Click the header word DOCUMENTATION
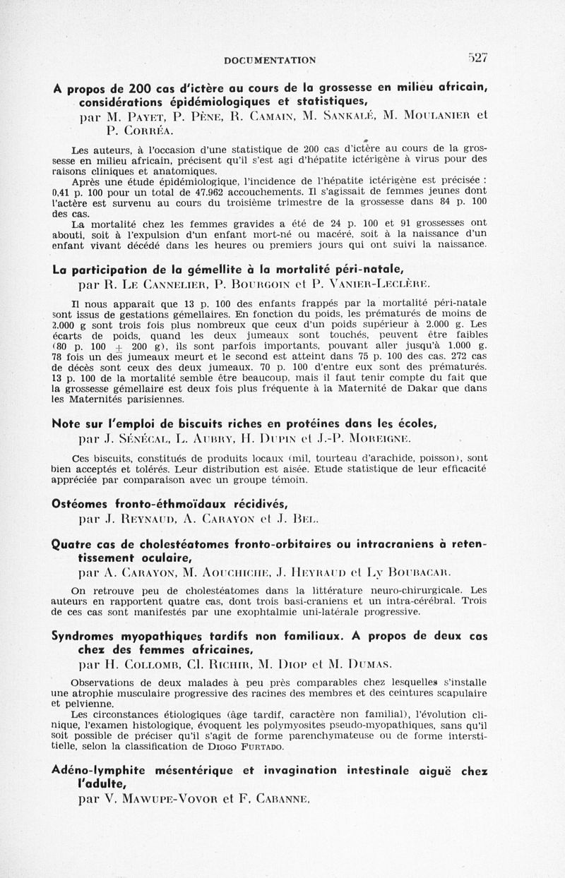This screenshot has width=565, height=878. point(270,61)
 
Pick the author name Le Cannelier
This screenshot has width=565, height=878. point(161,284)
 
